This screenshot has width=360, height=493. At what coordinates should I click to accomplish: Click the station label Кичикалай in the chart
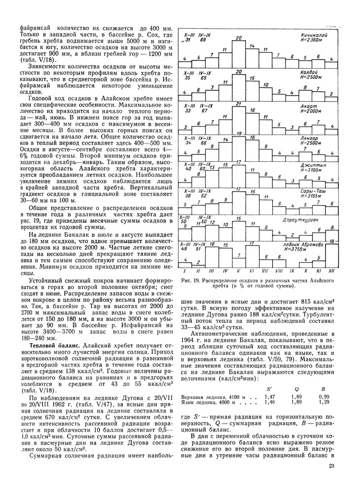pos(312,36)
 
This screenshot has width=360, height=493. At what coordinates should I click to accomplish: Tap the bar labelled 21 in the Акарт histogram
pos(239,118)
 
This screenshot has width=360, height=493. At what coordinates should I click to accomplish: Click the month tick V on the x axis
pos(239,271)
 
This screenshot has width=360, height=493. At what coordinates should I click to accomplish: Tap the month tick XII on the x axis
pos(331,271)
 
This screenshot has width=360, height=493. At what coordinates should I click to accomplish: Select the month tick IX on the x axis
pos(292,271)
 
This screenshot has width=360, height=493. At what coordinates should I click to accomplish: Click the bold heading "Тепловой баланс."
pos(45,348)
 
